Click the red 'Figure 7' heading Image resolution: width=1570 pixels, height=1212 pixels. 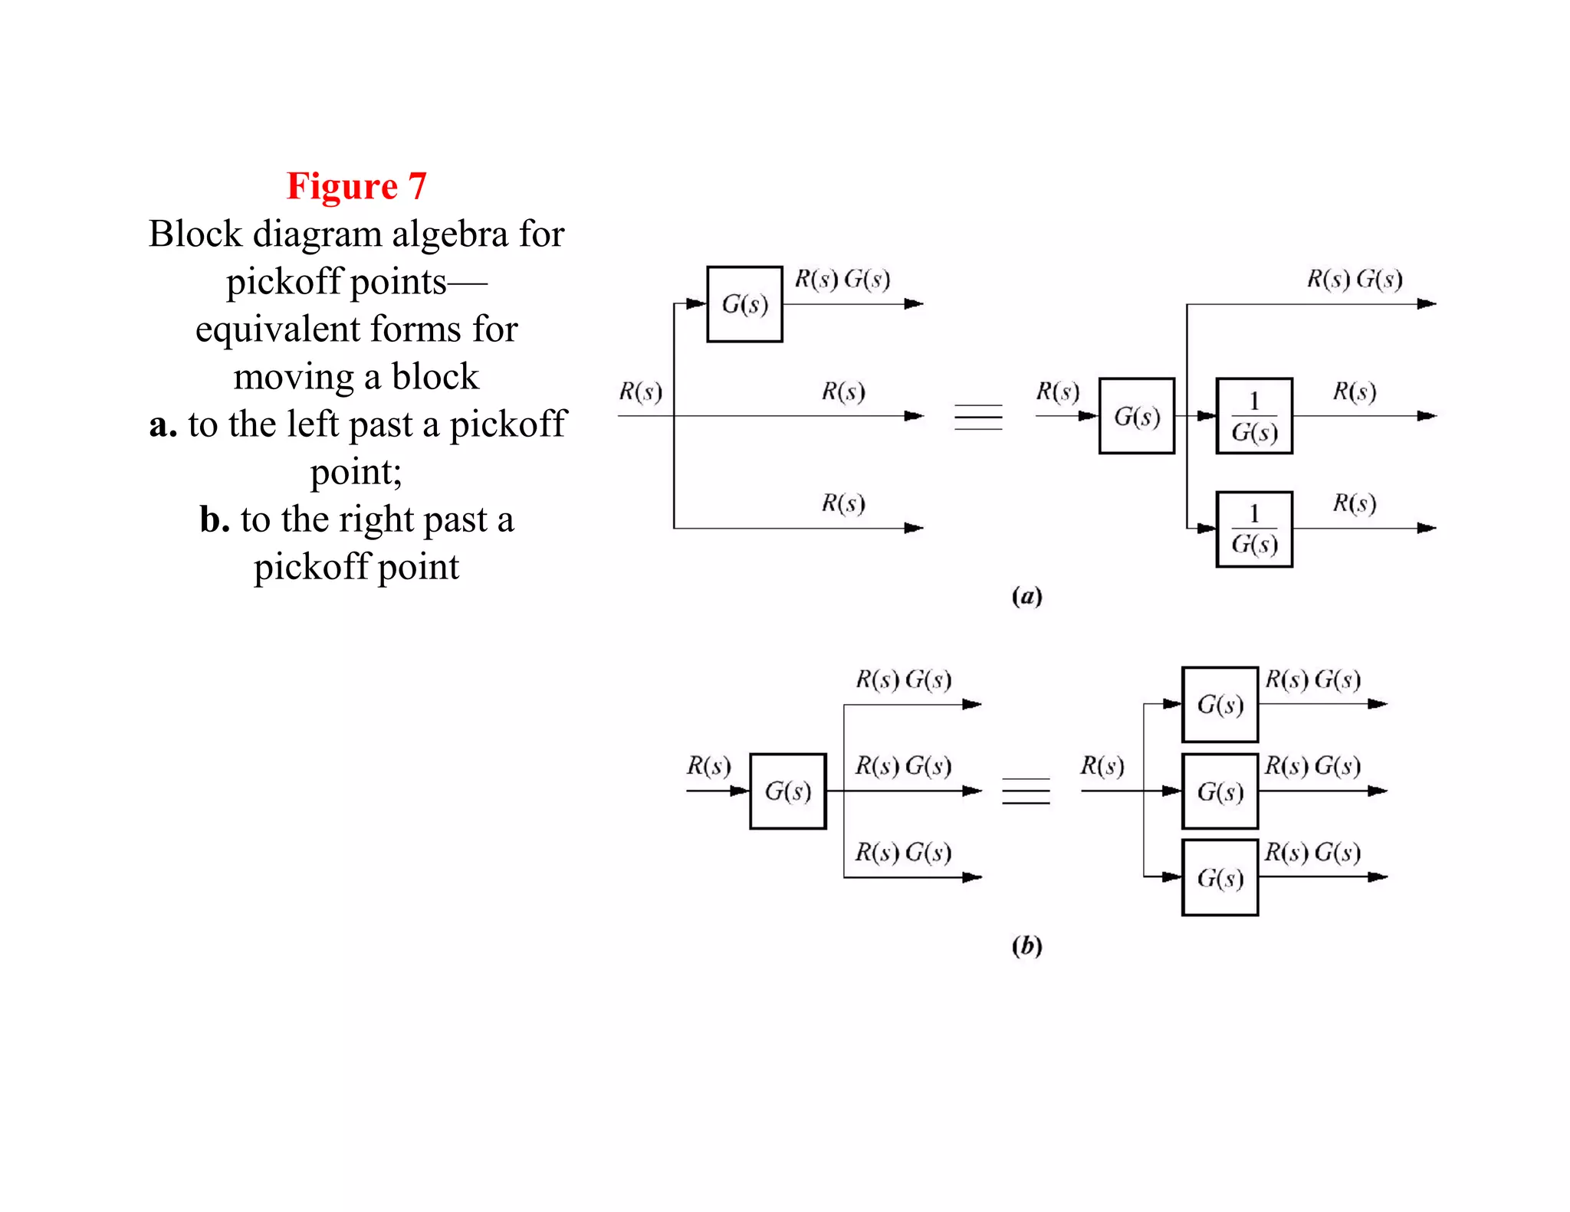(x=356, y=186)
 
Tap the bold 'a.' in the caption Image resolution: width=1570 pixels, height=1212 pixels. (x=163, y=424)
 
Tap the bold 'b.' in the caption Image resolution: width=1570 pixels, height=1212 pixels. (x=215, y=519)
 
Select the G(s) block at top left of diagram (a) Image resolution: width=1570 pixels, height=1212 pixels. (x=744, y=304)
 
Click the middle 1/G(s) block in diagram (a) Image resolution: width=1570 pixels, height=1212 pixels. (x=1254, y=416)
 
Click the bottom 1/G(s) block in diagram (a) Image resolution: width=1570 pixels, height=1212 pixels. (x=1254, y=529)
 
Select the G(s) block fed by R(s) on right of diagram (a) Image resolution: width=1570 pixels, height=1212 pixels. (x=1136, y=416)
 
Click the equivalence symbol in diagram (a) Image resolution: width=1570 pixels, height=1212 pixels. (x=978, y=417)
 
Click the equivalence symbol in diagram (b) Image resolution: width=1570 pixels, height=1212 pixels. (x=1026, y=791)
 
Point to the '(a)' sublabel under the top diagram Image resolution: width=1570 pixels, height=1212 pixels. (x=1026, y=596)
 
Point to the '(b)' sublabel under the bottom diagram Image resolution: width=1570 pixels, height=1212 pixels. (x=1026, y=946)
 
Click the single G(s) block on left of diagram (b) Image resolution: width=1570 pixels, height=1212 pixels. (x=787, y=791)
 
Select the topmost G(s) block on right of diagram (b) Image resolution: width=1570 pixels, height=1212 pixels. (x=1220, y=704)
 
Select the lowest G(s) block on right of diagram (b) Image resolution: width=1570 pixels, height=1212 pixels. (x=1220, y=877)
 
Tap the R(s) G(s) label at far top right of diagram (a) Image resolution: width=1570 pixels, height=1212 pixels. (x=1355, y=279)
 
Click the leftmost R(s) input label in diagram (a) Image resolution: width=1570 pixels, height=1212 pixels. (x=640, y=391)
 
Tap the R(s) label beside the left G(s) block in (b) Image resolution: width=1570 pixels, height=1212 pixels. (x=708, y=765)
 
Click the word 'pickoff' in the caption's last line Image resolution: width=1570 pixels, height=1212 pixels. (x=311, y=567)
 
